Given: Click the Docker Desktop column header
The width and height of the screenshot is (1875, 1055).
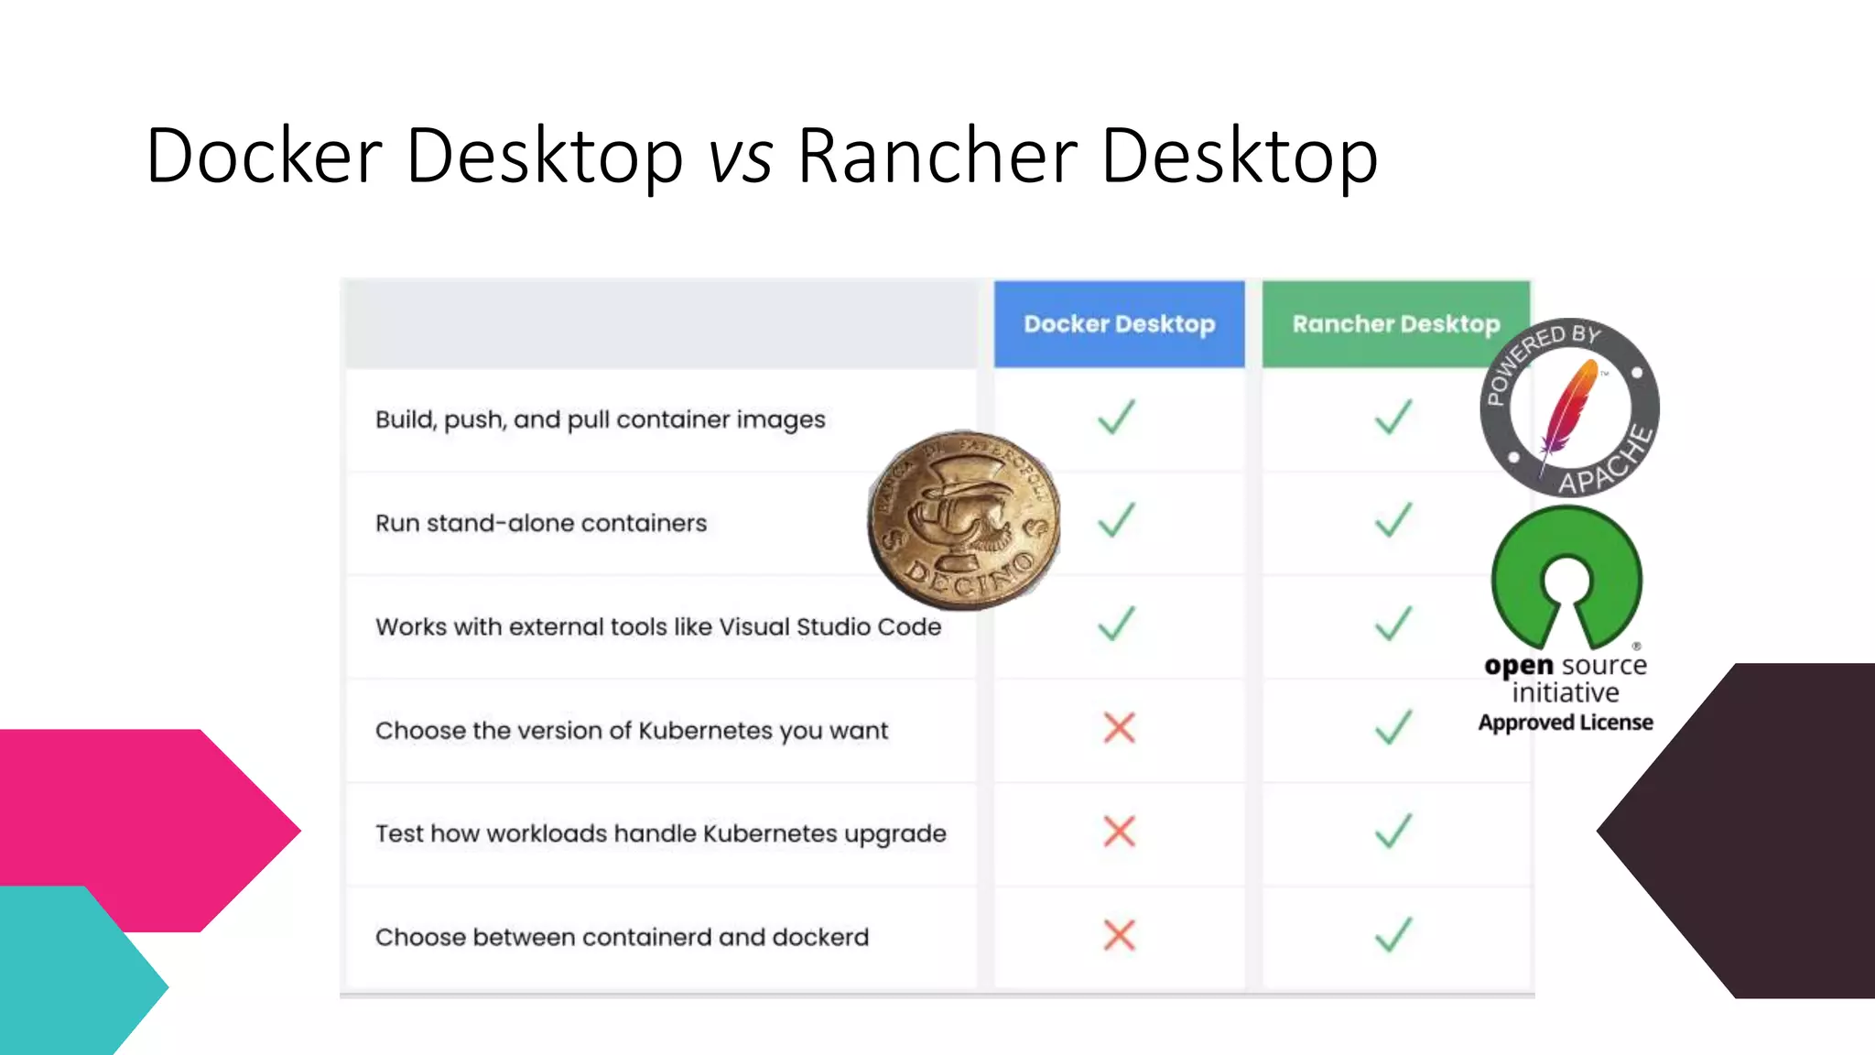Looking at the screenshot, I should [x=1119, y=324].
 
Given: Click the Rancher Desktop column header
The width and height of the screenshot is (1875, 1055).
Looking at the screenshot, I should [x=1395, y=324].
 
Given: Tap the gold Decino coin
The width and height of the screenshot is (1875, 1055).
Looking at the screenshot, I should [x=963, y=520].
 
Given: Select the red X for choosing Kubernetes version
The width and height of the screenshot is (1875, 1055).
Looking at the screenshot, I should [x=1119, y=729].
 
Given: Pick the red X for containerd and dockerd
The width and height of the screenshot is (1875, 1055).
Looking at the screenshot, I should [x=1119, y=936].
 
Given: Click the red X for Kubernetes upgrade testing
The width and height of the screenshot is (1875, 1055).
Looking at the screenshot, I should [x=1119, y=832].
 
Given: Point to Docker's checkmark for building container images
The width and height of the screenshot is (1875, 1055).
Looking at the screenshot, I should [x=1117, y=418].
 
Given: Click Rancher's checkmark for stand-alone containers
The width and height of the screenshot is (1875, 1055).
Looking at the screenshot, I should [x=1393, y=521].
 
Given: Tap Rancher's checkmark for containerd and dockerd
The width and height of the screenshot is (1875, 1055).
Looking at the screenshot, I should [x=1393, y=936].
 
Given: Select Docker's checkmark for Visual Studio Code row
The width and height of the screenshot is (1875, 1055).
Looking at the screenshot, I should [x=1117, y=625].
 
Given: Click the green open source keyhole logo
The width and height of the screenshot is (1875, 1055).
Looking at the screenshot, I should [x=1566, y=577].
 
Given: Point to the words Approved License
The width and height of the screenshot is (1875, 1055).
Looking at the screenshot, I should [x=1566, y=723].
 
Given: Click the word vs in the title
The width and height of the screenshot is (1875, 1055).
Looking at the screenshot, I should [x=740, y=156].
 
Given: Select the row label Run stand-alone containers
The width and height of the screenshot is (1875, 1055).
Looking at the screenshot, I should [x=541, y=523].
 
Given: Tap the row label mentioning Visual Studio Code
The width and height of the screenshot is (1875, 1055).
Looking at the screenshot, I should [x=658, y=626].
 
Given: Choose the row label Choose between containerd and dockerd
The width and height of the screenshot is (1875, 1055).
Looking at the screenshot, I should [x=622, y=937].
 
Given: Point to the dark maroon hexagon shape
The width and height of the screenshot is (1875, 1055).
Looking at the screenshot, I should [x=1758, y=830].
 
